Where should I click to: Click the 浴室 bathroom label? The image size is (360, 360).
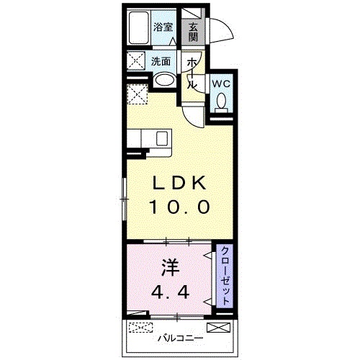pos(163,27)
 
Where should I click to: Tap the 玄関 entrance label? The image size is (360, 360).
pos(194,32)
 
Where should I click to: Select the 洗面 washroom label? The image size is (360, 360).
pos(161,61)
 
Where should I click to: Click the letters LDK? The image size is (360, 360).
pos(179,182)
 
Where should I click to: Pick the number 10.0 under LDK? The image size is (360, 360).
pos(179,207)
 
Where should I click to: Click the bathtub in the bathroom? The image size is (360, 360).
pos(138,29)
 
